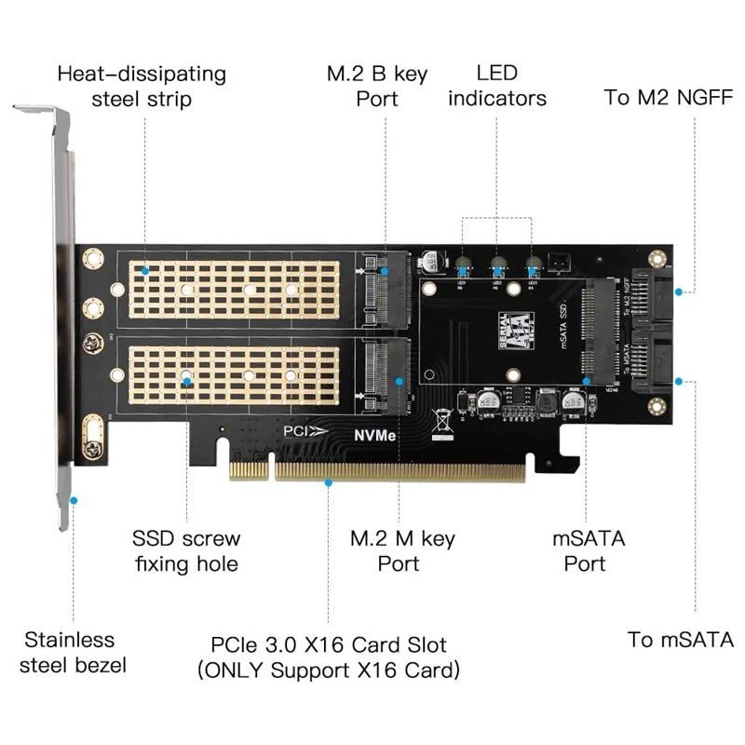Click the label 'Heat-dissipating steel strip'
click(x=141, y=85)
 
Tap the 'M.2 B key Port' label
click(x=377, y=85)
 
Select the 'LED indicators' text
click(x=496, y=85)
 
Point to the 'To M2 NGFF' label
click(x=669, y=97)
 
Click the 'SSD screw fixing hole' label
click(x=185, y=550)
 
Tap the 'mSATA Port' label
click(x=589, y=550)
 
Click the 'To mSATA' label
click(x=680, y=640)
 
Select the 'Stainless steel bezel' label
click(x=70, y=652)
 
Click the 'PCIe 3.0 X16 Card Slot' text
click(x=329, y=644)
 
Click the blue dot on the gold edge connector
click(x=329, y=482)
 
